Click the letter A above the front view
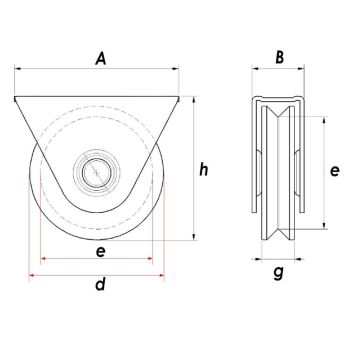coord(100,60)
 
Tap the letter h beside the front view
coord(203,170)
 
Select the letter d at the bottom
coord(100,285)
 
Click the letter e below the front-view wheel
coord(100,253)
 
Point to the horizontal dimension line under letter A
coord(100,71)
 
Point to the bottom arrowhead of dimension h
coord(190,242)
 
